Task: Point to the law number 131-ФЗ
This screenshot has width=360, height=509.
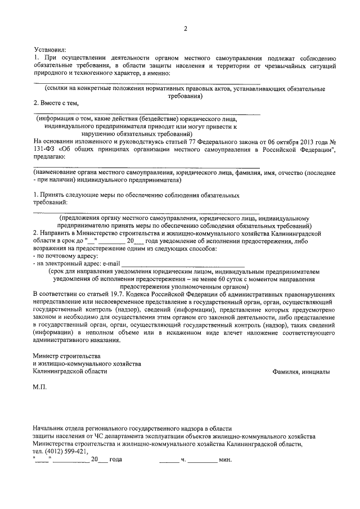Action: point(45,148)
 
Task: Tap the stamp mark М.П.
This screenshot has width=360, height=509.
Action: point(40,388)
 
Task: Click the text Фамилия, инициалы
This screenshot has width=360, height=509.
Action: point(301,372)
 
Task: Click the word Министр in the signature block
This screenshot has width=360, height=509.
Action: point(49,357)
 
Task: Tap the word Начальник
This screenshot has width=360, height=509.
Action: point(51,429)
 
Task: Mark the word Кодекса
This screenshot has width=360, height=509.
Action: point(151,294)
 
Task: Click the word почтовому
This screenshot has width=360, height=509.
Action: point(60,255)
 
